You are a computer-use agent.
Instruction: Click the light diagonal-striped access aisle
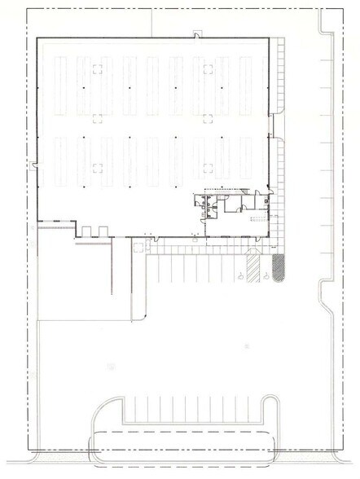(255, 266)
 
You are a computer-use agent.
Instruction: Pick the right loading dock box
(102, 231)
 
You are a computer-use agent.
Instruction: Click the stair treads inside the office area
(258, 220)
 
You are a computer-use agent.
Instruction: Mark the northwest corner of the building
(39, 37)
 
